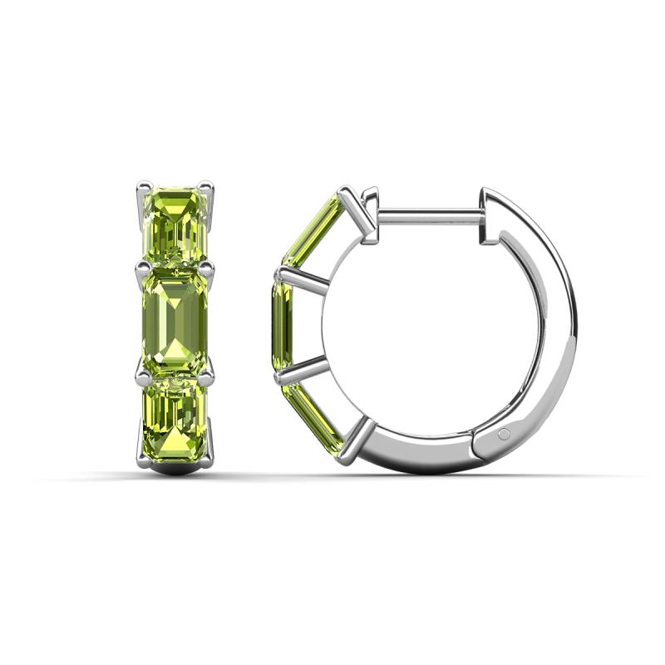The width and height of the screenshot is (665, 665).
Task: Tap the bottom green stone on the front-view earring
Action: (x=175, y=420)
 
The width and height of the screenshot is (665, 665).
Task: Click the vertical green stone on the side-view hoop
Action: (x=281, y=324)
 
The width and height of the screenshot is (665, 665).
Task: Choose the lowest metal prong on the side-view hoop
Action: (x=356, y=441)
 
